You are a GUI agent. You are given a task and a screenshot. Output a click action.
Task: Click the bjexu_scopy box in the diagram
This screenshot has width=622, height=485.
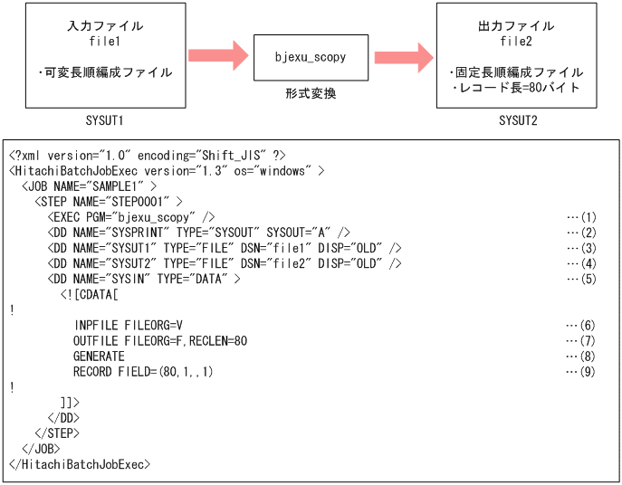click(311, 57)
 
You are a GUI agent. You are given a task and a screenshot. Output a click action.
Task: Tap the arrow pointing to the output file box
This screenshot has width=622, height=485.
click(403, 56)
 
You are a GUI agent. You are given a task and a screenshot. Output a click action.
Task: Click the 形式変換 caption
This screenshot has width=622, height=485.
click(311, 93)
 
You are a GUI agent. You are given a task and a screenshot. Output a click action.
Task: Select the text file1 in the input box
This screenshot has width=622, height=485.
click(98, 42)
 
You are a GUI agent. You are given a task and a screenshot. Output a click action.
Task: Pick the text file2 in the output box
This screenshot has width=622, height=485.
click(518, 42)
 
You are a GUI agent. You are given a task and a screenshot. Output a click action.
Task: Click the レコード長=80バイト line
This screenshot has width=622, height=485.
click(518, 88)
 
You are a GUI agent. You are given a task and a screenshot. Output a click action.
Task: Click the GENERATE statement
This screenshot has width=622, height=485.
click(99, 357)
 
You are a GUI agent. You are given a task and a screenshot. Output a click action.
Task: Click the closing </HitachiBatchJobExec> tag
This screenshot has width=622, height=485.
click(79, 464)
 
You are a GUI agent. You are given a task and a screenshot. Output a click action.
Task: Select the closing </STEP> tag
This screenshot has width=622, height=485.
click(53, 433)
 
